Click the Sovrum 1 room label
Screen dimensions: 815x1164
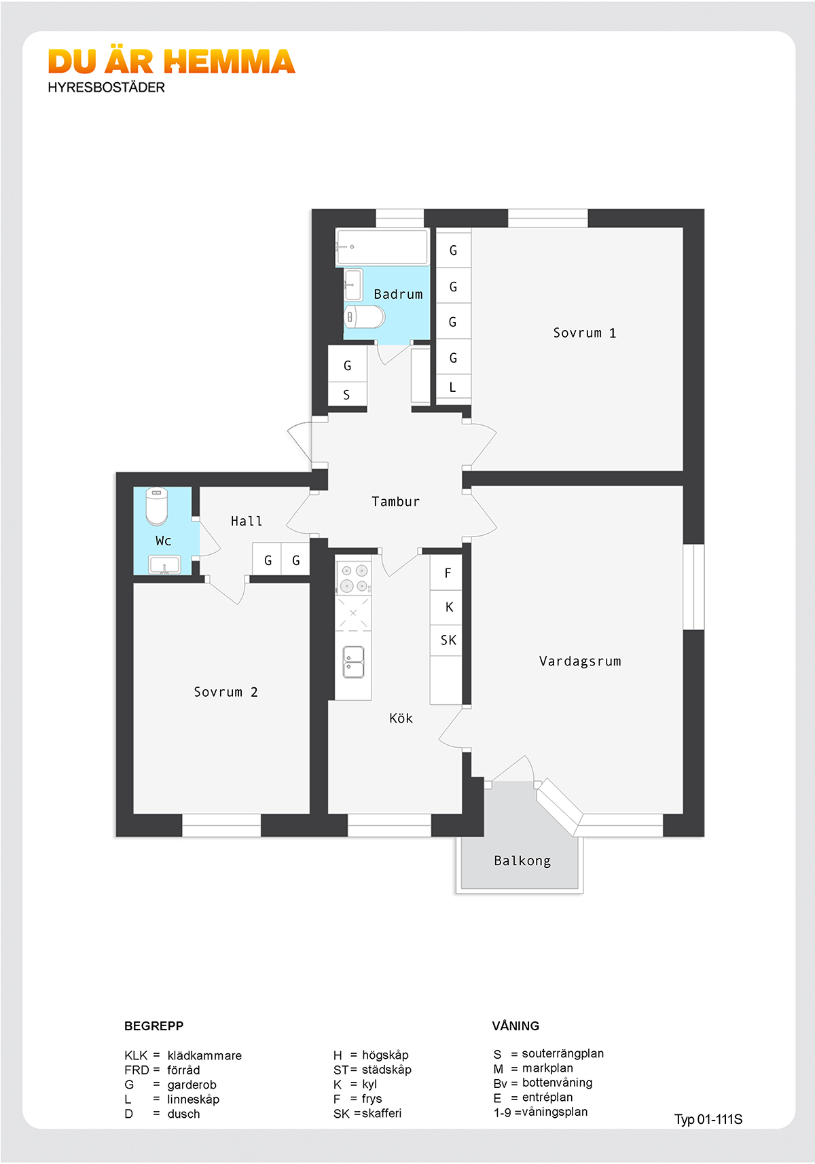click(x=584, y=333)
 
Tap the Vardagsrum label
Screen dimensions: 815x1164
click(x=580, y=661)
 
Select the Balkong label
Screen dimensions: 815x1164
click(x=522, y=861)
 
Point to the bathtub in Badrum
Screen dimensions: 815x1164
click(x=382, y=247)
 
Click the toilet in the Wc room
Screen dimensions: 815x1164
click(x=156, y=506)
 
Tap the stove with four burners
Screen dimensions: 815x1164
click(x=353, y=579)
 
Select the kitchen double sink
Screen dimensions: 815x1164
click(x=353, y=662)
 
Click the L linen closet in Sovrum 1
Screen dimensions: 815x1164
click(x=453, y=387)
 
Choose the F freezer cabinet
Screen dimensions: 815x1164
click(x=446, y=572)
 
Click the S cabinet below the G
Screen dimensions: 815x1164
click(x=347, y=395)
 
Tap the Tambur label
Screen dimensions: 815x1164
click(x=395, y=501)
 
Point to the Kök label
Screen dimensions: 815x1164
click(x=401, y=718)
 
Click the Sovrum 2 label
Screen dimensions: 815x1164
click(x=225, y=691)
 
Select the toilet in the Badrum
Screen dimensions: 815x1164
click(x=364, y=316)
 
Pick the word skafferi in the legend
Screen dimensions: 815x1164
click(x=382, y=1113)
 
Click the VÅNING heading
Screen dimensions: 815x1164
click(x=515, y=1025)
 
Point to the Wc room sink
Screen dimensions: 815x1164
click(x=164, y=564)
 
